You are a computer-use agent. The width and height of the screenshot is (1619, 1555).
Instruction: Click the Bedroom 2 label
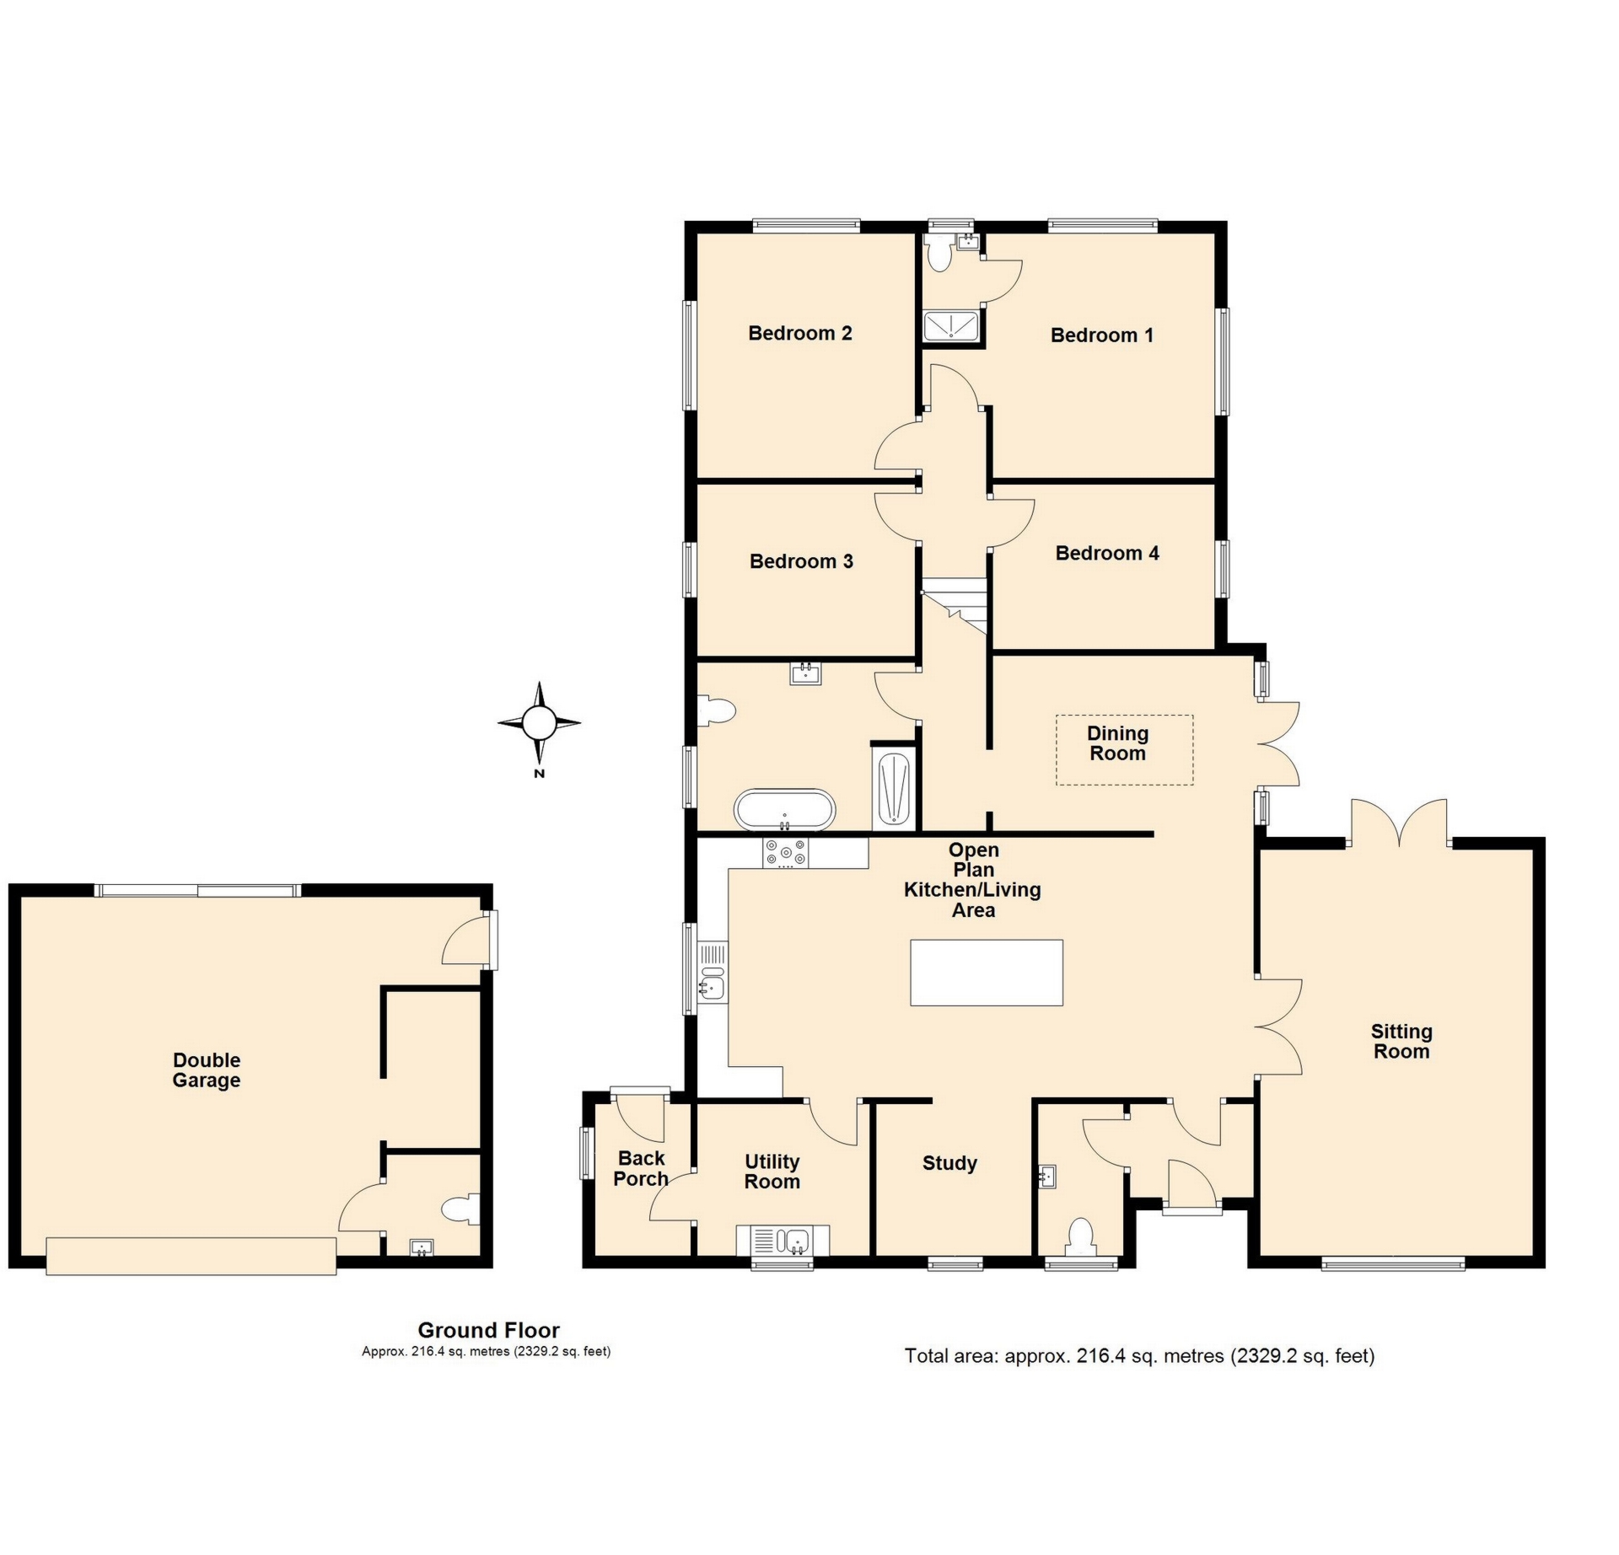pos(799,333)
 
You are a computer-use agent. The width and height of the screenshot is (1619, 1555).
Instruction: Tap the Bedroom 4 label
pos(1107,553)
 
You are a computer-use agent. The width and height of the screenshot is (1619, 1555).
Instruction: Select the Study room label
pos(949,1163)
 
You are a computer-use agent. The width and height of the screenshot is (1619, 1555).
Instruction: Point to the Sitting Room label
pos(1401,1041)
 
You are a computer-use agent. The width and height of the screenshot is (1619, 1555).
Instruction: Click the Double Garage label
pos(207,1070)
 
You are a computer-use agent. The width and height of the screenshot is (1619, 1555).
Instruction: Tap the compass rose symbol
pos(539,723)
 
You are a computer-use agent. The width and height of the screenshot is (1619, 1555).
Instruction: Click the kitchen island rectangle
pos(987,973)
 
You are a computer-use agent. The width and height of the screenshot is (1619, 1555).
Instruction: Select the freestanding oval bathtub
pos(785,810)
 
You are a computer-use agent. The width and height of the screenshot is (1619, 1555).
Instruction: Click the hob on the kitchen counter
pos(785,853)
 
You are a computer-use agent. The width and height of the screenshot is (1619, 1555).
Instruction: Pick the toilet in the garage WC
pos(460,1209)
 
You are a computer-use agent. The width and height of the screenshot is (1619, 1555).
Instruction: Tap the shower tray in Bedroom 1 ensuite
pos(951,326)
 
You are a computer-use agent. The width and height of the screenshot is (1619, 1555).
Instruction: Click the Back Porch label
pos(641,1168)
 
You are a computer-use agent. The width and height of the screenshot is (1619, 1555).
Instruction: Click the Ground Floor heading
pos(489,1330)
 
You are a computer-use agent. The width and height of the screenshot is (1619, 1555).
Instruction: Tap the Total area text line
pos(1140,1356)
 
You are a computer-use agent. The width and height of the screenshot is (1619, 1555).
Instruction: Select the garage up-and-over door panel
pos(191,1256)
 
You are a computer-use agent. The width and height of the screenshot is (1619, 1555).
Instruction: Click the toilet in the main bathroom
pos(716,710)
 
